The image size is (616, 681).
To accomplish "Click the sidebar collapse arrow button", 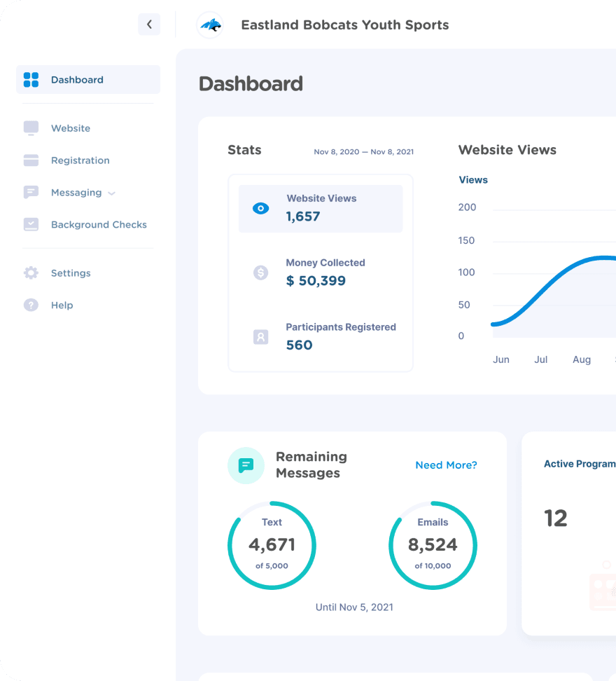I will (149, 25).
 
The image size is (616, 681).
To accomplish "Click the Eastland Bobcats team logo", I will (210, 25).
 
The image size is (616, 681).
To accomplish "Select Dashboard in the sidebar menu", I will (77, 80).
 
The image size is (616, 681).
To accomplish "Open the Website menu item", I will (70, 128).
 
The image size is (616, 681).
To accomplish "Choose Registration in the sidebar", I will (80, 160).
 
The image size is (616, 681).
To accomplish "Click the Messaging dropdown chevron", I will (112, 193).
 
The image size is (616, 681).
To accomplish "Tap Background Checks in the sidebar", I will (99, 225).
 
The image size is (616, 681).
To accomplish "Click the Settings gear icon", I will (31, 273).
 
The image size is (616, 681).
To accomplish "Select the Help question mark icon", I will (31, 305).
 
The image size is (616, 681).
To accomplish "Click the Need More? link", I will (446, 465).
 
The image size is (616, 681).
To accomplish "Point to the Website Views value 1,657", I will (303, 216).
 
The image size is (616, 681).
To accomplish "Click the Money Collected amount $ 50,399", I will (316, 281).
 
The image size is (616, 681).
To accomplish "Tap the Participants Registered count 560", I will (299, 345).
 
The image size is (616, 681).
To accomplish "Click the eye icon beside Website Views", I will (260, 209).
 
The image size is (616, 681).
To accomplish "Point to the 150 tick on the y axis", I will (466, 240).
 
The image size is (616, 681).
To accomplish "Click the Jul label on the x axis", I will (540, 359).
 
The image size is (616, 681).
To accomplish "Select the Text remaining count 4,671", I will (272, 544).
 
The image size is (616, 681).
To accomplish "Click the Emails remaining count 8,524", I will (433, 544).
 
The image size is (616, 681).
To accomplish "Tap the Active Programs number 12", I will (556, 518).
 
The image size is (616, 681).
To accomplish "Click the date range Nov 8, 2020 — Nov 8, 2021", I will (363, 152).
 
